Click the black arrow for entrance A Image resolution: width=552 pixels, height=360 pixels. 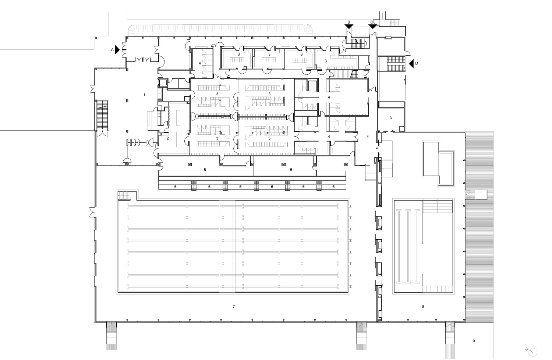[117, 50]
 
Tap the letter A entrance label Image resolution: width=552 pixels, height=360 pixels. [112, 50]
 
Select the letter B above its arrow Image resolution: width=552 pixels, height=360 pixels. [349, 22]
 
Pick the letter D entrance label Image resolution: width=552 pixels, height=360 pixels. [417, 63]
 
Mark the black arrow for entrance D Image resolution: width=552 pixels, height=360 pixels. [411, 64]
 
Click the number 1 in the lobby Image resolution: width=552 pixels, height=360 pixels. [144, 95]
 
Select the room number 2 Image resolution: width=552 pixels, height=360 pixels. [168, 138]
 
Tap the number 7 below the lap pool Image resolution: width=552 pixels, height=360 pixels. [234, 307]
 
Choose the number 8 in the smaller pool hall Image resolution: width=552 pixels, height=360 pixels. [423, 307]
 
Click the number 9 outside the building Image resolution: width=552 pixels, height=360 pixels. [474, 341]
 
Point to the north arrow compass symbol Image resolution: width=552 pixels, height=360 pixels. [532, 352]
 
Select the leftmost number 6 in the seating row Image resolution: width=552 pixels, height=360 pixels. [176, 187]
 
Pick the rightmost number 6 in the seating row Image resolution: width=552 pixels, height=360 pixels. [333, 187]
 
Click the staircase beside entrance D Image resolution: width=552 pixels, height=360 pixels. [396, 64]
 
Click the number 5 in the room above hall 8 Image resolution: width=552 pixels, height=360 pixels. [391, 117]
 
